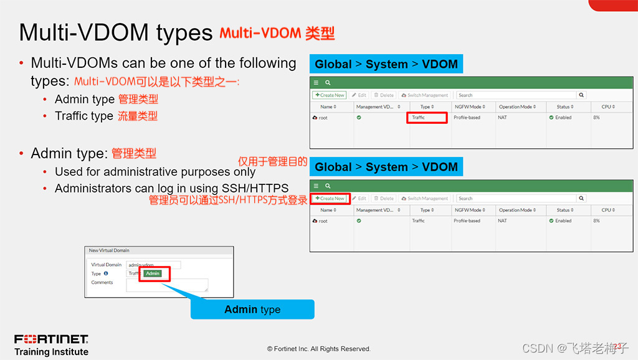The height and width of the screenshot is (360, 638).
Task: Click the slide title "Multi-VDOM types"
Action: pos(115,32)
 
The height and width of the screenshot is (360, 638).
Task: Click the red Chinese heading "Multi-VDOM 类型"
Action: pos(277,33)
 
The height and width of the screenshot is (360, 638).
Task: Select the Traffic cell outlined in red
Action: pos(427,117)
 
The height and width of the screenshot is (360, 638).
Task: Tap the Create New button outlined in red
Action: pos(330,198)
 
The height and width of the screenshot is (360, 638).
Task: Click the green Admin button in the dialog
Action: pos(153,273)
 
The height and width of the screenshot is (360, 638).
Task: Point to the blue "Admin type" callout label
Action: pos(252,310)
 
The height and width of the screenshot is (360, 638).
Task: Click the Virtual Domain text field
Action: pos(153,265)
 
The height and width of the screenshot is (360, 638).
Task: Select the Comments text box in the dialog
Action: pos(167,285)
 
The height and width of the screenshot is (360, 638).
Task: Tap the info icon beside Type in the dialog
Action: pos(106,273)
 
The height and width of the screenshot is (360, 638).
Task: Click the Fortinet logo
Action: pos(51,339)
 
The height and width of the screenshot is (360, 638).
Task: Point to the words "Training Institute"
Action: pos(51,352)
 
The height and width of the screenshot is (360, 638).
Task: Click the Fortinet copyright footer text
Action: pos(318,349)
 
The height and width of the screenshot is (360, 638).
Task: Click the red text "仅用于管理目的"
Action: pos(272,161)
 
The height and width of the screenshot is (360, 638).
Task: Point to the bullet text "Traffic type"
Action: pos(83,116)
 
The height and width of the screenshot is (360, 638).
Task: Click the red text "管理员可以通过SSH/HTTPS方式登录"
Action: pos(228,200)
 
